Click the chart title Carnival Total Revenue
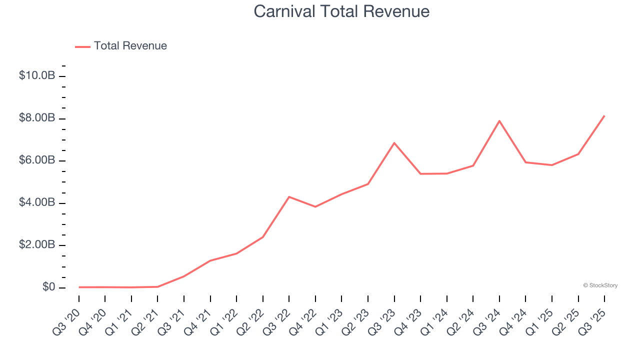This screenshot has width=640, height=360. pos(341,11)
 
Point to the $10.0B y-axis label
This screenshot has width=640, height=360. pos(37,76)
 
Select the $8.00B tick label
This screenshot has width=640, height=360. pos(37,118)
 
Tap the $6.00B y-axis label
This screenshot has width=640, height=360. pos(37,160)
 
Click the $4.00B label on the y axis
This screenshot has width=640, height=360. pos(37,203)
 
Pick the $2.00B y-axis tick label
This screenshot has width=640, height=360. pos(37,245)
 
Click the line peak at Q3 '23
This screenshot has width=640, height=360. pos(394,143)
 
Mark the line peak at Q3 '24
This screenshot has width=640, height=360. pos(499,121)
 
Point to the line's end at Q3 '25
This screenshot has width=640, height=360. pos(604,116)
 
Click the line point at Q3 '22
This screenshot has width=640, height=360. pos(289,197)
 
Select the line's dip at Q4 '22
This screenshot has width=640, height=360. pos(315,206)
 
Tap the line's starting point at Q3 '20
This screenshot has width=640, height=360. pos(79,287)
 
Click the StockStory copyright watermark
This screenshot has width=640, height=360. pos(600,285)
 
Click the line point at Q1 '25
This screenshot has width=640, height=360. pos(552,165)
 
